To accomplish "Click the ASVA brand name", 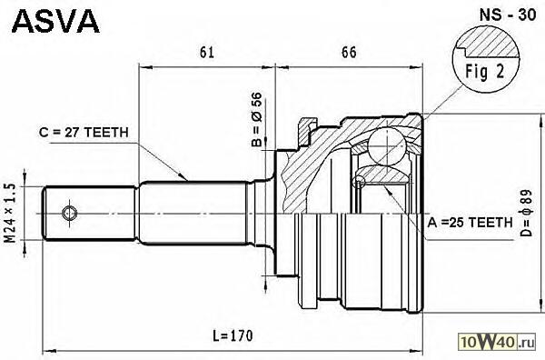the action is [55, 22].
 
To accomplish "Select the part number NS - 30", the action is [508, 15].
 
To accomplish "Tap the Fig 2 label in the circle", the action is [485, 72].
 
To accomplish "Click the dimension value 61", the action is [207, 52].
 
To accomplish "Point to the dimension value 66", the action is [349, 52].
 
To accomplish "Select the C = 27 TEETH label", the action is [84, 133].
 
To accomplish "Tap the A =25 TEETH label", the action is [470, 222].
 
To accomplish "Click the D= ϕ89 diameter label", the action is [526, 214].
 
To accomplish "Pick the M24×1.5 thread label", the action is [10, 214].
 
